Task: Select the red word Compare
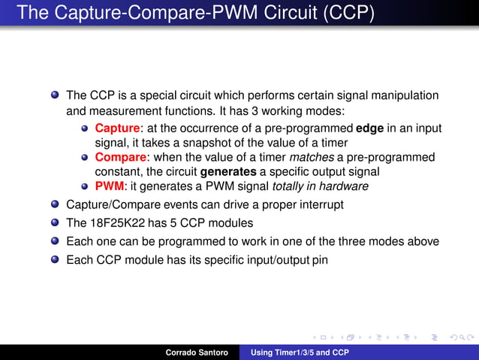pyautogui.click(x=119, y=157)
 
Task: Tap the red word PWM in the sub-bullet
pyautogui.click(x=108, y=186)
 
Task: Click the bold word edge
pyautogui.click(x=369, y=129)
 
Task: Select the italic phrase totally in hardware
pyautogui.click(x=320, y=186)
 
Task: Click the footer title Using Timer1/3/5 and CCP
pyautogui.click(x=300, y=352)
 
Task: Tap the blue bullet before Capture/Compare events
pyautogui.click(x=55, y=204)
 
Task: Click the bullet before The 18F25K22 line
pyautogui.click(x=55, y=222)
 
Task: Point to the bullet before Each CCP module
pyautogui.click(x=55, y=260)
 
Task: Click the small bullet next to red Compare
pyautogui.click(x=86, y=158)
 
